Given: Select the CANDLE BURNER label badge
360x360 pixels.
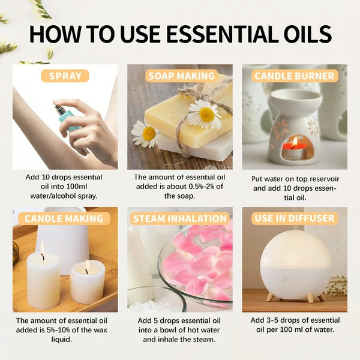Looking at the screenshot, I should (295, 76).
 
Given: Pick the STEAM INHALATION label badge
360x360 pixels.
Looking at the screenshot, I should (180, 218).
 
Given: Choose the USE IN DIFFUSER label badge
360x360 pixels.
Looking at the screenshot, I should (295, 218).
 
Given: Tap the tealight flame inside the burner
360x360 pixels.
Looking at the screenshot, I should (294, 143).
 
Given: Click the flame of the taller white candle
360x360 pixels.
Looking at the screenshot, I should (42, 248).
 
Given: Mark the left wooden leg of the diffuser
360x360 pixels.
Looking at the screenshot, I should (270, 297).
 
